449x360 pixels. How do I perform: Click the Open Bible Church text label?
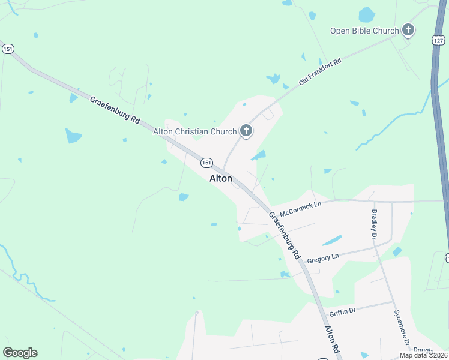(x=364, y=31)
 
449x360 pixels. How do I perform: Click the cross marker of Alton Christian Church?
(x=246, y=130)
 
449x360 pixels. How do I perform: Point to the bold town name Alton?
(x=220, y=178)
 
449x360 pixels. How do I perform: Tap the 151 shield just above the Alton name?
(x=206, y=163)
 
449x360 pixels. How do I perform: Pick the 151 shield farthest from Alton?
(x=8, y=49)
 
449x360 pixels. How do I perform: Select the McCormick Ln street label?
(x=301, y=208)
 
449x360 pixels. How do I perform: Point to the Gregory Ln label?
(x=323, y=259)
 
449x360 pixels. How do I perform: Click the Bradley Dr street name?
(x=373, y=222)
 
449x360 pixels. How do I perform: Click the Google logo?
(x=20, y=353)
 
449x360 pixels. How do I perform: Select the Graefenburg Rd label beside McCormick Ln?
(x=284, y=235)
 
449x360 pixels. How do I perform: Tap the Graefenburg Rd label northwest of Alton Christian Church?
(x=115, y=110)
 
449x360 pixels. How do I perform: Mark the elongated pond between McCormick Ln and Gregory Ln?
(x=332, y=240)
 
